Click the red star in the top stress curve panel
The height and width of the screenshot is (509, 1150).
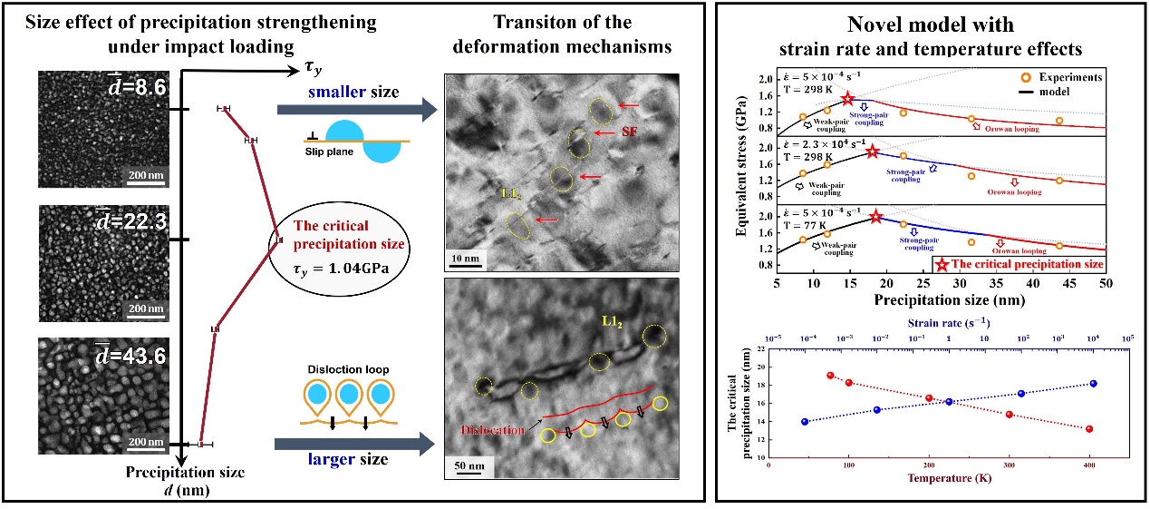(x=848, y=99)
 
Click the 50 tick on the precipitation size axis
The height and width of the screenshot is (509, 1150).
(x=1107, y=284)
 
